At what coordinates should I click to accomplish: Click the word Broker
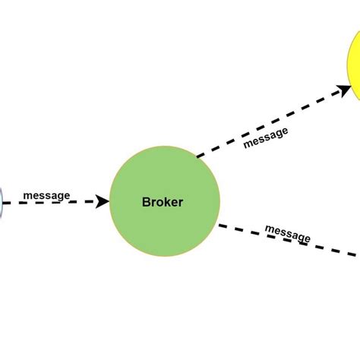point(163,202)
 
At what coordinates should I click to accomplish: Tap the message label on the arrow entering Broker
point(46,196)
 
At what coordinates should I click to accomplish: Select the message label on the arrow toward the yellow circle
point(266,137)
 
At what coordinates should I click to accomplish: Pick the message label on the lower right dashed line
point(287,232)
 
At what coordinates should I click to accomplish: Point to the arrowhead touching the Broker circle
point(103,202)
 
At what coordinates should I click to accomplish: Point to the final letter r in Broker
point(181,203)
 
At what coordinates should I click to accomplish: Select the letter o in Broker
point(159,203)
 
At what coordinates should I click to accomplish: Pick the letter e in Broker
point(174,203)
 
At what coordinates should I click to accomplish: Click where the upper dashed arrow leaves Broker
point(199,156)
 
